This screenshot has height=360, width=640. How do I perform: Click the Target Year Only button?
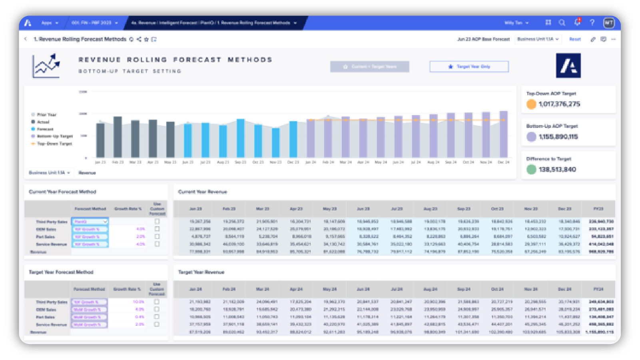[x=469, y=67]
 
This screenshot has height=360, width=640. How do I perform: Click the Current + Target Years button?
[x=370, y=67]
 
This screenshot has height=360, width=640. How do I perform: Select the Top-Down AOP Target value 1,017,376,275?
[x=559, y=104]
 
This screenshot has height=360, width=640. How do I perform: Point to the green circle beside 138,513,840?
[x=531, y=169]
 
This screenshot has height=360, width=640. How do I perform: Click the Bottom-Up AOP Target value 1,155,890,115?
[x=558, y=137]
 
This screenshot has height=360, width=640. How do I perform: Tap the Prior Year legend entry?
[x=46, y=115]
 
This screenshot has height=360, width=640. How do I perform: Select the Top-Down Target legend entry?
[x=54, y=144]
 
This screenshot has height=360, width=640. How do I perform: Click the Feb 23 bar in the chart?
[x=118, y=137]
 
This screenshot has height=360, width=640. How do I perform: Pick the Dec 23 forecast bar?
[x=293, y=139]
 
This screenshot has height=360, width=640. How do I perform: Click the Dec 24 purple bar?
[x=504, y=134]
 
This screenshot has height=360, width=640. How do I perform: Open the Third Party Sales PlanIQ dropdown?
[x=90, y=221]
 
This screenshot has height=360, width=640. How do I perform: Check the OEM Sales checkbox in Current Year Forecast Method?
[x=157, y=229]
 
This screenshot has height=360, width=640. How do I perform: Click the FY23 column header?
[x=598, y=209]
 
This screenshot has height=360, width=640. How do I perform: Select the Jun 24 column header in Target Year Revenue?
[x=363, y=289]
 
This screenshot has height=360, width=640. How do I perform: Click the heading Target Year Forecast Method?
[x=61, y=272]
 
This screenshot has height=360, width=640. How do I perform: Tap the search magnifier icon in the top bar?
[x=562, y=23]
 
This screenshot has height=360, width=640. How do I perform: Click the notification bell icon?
[x=577, y=23]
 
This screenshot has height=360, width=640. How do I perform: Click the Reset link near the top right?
[x=575, y=39]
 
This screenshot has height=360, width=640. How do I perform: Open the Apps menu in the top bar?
[x=50, y=23]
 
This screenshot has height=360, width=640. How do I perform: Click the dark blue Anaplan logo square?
[x=568, y=66]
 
